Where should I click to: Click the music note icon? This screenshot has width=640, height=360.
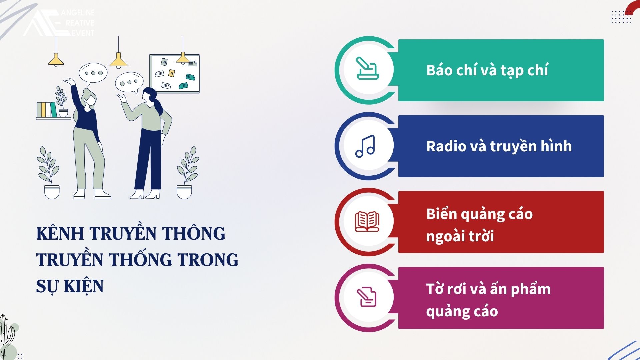[365, 146]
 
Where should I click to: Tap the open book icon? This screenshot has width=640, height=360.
[367, 221]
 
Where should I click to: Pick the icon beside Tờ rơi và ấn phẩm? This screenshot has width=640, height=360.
[367, 297]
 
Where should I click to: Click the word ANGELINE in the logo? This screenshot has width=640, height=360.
[78, 13]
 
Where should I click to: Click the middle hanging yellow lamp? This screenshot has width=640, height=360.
[118, 61]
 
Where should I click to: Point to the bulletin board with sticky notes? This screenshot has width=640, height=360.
[174, 74]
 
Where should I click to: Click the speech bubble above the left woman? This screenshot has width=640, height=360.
[93, 74]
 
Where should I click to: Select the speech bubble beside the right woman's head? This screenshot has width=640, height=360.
[129, 83]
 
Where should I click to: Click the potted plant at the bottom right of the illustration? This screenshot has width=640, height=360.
[188, 173]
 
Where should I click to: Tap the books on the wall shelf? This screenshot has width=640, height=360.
[47, 110]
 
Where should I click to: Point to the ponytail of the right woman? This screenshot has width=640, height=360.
[159, 106]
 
